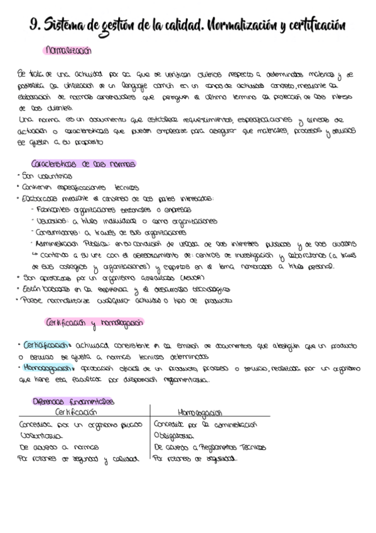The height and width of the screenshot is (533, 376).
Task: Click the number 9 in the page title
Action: [x=34, y=25]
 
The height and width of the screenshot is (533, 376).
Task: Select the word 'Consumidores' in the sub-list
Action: [x=60, y=232]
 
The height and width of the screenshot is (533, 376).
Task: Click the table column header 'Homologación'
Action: [x=201, y=412]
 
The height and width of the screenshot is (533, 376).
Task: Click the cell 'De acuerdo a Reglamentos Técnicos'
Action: [x=210, y=447]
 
